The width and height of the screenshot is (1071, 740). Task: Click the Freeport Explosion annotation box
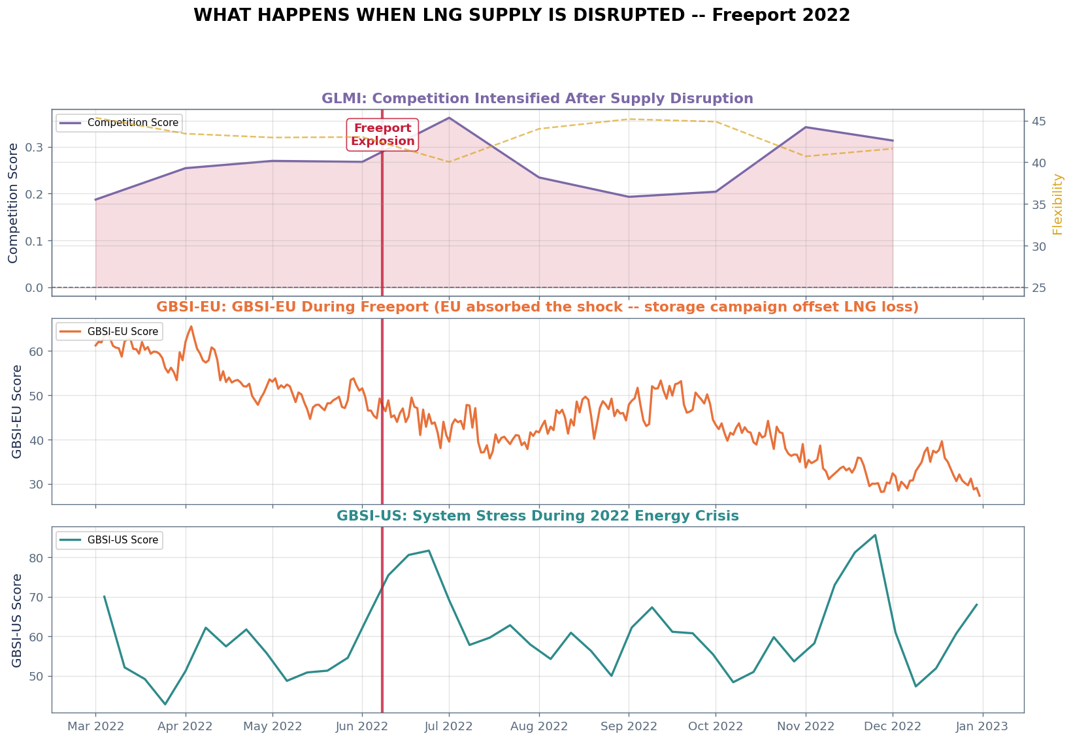point(382,135)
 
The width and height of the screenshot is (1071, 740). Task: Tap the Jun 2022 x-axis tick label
point(362,726)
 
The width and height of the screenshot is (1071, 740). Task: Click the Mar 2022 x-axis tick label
point(95,726)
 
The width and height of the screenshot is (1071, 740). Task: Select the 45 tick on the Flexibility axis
point(1039,121)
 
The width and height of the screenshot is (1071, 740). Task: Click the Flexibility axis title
point(1058,204)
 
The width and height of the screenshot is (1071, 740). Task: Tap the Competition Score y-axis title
point(13,204)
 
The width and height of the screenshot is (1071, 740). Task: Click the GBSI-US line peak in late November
point(875,535)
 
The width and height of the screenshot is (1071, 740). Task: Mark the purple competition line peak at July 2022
point(449,118)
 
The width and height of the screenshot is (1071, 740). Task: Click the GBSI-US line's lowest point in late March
point(165,704)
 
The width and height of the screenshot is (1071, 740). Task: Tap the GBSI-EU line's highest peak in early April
point(191,327)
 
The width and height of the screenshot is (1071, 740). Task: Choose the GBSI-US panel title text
point(537,516)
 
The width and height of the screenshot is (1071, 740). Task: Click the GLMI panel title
point(537,99)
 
